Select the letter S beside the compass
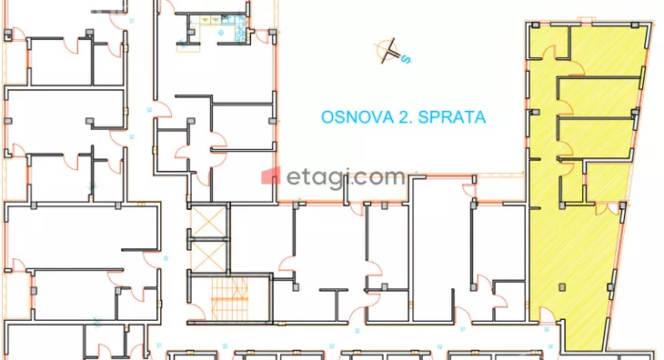pos(407,62)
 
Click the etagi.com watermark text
pos(347,177)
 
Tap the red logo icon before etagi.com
pos(270,176)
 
